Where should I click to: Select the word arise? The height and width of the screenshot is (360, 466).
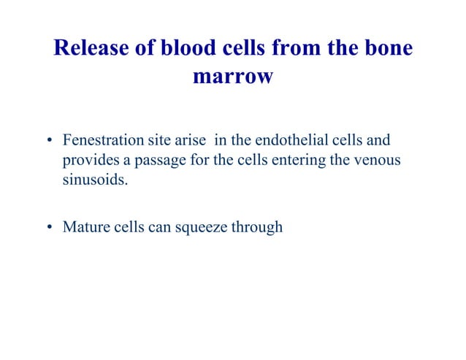pos(191,139)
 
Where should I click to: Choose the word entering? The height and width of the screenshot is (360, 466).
pos(296,160)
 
